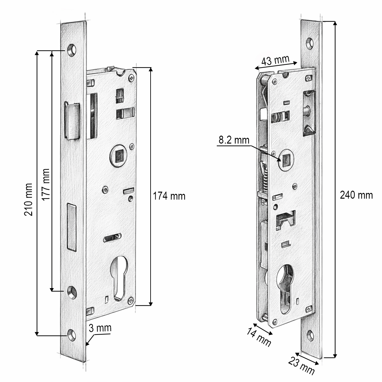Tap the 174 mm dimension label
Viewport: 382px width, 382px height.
click(x=169, y=196)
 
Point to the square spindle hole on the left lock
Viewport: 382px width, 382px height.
click(x=120, y=156)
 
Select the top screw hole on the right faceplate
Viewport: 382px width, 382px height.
click(x=310, y=43)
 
